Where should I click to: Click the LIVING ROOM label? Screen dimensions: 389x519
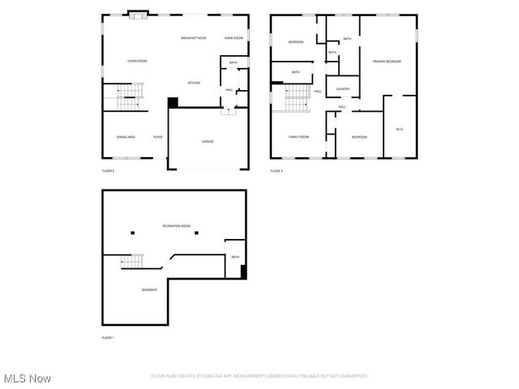(137, 61)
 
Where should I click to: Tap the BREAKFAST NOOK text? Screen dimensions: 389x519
(193, 38)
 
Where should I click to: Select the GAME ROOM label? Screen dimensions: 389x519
(234, 38)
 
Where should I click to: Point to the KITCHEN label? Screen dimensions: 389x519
(194, 83)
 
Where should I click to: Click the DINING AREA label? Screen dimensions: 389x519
(126, 137)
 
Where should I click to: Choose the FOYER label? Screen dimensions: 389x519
(157, 137)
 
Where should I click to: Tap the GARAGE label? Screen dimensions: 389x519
(208, 142)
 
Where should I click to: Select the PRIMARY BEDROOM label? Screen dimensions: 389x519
(387, 62)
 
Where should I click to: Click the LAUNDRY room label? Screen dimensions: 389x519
(343, 89)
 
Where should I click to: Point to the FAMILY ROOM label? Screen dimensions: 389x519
(299, 137)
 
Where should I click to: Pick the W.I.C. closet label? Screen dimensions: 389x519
(399, 130)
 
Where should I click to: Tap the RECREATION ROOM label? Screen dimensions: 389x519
(176, 226)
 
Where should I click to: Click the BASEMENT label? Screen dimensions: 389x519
(149, 289)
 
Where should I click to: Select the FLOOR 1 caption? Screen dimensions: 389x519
(108, 337)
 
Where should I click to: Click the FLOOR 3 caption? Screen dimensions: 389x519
(277, 171)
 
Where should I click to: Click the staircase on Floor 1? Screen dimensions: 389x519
(131, 261)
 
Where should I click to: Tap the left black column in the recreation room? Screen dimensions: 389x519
(133, 233)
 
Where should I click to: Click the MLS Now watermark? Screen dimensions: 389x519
(27, 378)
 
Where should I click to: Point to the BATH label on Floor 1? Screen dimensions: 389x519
(235, 257)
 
